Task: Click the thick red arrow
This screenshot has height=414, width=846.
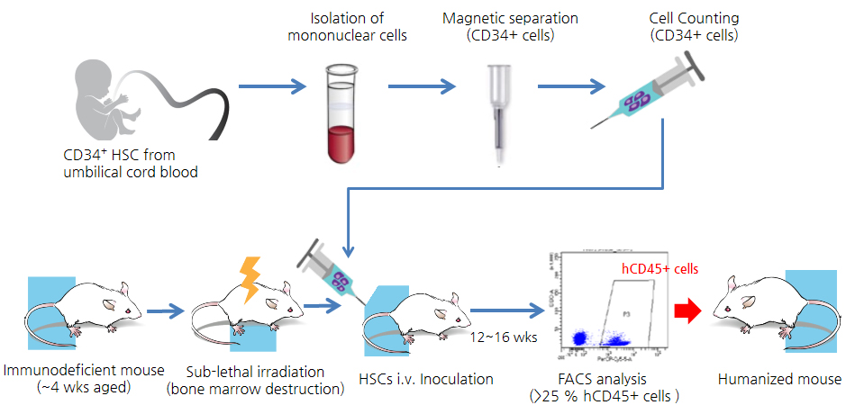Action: pyautogui.click(x=688, y=310)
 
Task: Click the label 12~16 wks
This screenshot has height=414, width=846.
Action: pyautogui.click(x=500, y=336)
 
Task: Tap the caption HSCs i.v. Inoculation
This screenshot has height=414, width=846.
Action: pyautogui.click(x=427, y=379)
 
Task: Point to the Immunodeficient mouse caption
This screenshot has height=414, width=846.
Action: pyautogui.click(x=84, y=370)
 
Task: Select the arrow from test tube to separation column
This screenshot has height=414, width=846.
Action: pyautogui.click(x=422, y=87)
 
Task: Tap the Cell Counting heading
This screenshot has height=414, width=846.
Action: pyautogui.click(x=693, y=19)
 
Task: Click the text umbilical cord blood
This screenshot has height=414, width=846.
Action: pyautogui.click(x=131, y=171)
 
